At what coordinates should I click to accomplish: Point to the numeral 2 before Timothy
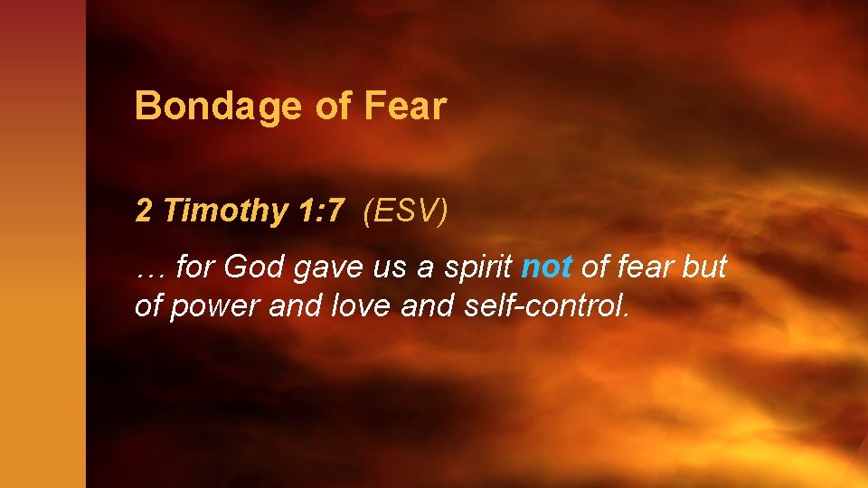click(144, 211)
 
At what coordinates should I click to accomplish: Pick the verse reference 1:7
click(320, 211)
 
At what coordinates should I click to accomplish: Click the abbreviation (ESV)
click(404, 211)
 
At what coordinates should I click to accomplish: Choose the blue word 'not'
click(547, 267)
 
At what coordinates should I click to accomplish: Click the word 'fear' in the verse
click(648, 267)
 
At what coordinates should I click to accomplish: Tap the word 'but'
click(708, 267)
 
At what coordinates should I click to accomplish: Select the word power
click(209, 307)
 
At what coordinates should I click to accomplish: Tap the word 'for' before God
click(194, 267)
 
